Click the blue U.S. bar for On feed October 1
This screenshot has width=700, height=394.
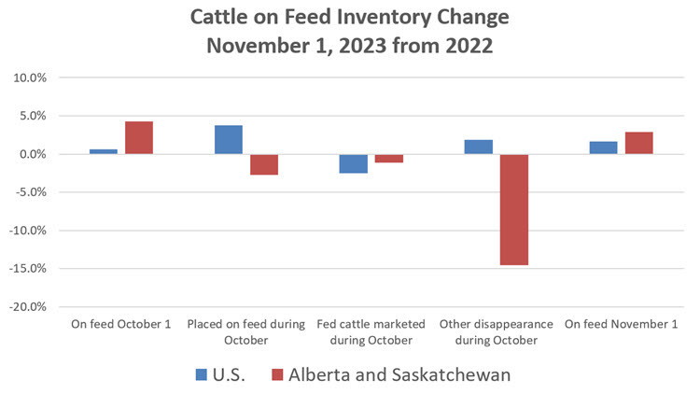104,151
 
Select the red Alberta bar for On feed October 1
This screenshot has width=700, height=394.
139,137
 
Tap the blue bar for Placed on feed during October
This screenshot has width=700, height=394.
229,139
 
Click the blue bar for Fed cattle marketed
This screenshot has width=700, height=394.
353,163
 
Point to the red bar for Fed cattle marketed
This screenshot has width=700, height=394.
389,159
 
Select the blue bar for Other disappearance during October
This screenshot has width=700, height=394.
478,147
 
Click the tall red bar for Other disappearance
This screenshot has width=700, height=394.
513,209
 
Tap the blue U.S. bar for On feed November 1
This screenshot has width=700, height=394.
603,148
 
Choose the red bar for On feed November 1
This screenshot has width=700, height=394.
638,143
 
